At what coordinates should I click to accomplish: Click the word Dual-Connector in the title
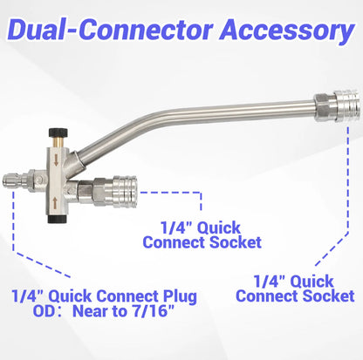(111, 31)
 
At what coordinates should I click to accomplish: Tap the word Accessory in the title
(287, 31)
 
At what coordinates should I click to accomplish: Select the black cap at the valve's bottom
(58, 220)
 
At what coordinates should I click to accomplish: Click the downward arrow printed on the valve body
(56, 160)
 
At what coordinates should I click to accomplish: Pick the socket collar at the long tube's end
(346, 105)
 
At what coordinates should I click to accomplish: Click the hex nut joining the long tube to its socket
(325, 107)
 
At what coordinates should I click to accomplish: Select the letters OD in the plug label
(45, 311)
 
